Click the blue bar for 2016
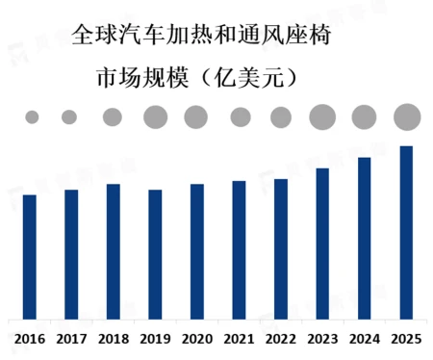(x=30, y=256)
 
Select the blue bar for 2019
(x=155, y=253)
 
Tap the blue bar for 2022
(x=281, y=248)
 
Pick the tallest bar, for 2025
(x=406, y=232)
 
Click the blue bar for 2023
(x=322, y=243)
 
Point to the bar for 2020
(x=197, y=250)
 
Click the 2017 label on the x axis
(x=71, y=339)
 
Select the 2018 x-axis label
(x=114, y=339)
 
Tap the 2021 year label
(x=239, y=339)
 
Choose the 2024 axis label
(x=364, y=339)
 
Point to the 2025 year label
(x=406, y=339)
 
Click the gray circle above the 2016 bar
(x=32, y=117)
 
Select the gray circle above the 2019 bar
(x=155, y=117)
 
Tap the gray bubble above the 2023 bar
(x=322, y=117)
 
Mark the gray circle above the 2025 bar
(x=407, y=116)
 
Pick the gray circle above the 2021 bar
(x=239, y=117)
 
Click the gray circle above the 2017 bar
(x=69, y=117)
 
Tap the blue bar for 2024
(x=364, y=237)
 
